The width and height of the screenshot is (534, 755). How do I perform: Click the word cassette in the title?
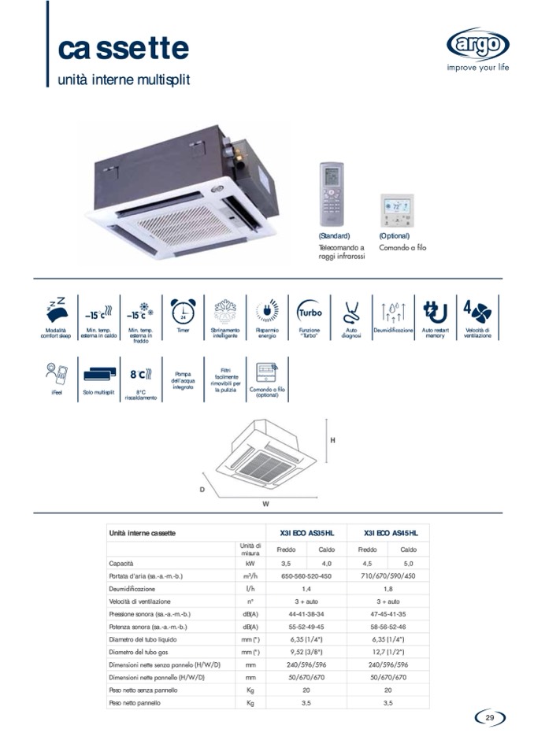tap(124, 47)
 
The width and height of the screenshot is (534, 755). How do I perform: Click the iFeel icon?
tap(56, 372)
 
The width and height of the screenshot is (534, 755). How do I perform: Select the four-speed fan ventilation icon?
tap(477, 310)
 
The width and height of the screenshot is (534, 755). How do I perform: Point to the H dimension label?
tap(332, 440)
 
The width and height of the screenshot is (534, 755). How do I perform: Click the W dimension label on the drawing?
tap(266, 502)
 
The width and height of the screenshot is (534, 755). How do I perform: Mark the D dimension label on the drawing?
tap(202, 490)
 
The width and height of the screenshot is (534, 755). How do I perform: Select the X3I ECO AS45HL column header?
tap(391, 533)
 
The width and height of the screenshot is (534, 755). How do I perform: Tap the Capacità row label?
tap(122, 564)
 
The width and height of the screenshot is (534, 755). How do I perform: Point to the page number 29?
tap(489, 717)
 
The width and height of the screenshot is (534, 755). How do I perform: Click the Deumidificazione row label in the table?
tap(132, 589)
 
